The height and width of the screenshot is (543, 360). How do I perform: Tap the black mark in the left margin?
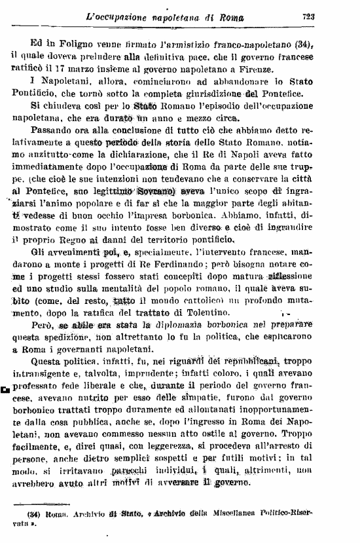(5, 390)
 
